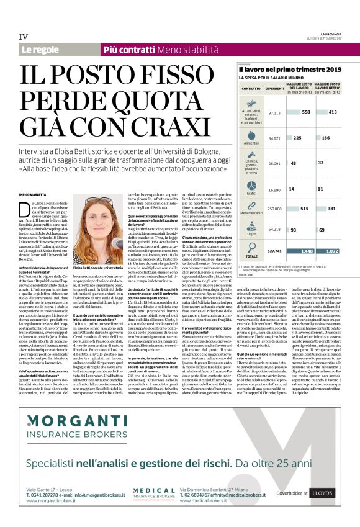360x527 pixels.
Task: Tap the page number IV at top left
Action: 24,37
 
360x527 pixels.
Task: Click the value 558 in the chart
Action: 305,112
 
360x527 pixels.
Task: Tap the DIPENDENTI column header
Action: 275,89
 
